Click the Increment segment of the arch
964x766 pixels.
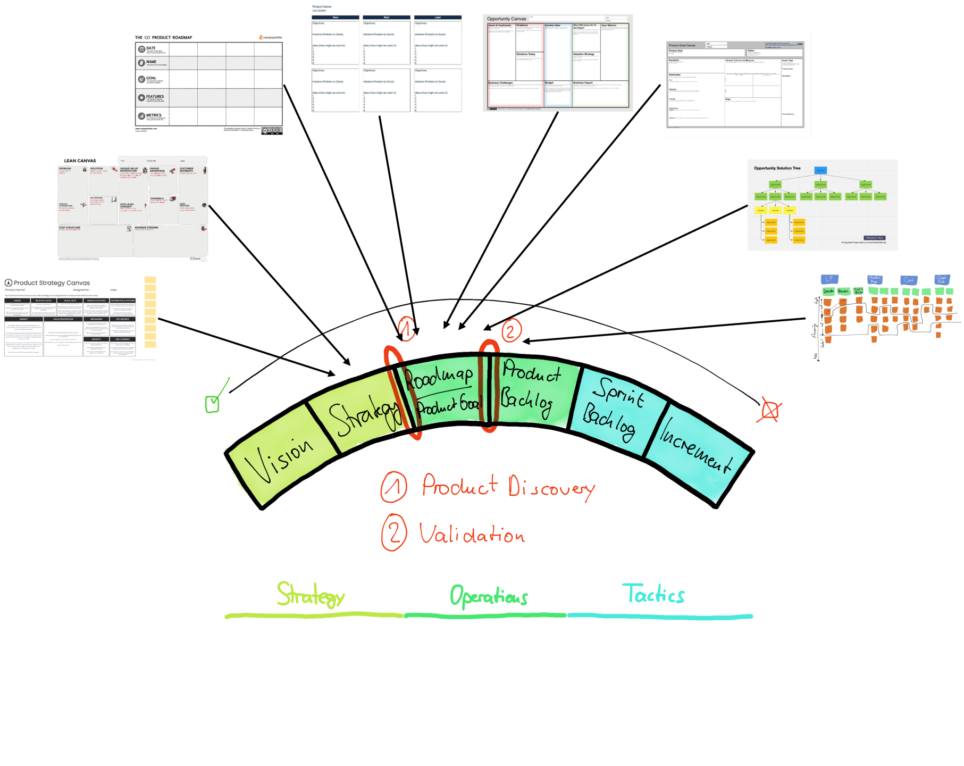click(x=697, y=452)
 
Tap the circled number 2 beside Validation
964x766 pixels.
click(x=395, y=532)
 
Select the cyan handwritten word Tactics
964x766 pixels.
click(x=656, y=595)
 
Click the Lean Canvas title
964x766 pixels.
click(x=80, y=161)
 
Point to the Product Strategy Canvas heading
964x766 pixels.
click(x=52, y=283)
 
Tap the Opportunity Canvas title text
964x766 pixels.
click(x=506, y=19)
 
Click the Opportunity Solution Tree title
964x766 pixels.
click(x=777, y=168)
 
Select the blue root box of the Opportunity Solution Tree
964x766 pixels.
click(x=820, y=171)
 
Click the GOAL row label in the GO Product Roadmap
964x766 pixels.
click(x=152, y=78)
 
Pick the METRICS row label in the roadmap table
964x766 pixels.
click(x=154, y=115)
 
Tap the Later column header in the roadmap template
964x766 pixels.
click(x=438, y=18)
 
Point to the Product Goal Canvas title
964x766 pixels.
click(x=682, y=46)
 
